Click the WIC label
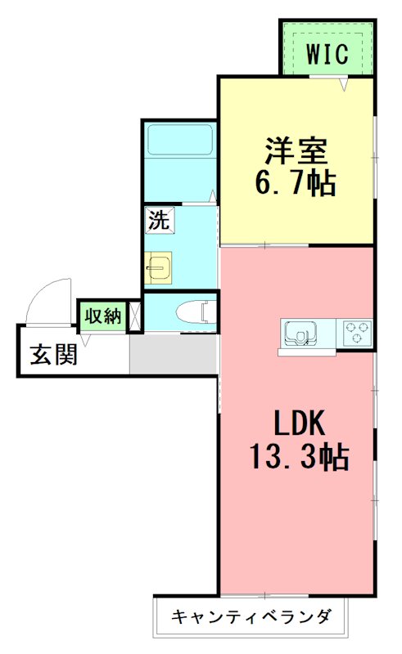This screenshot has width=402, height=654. tap(327, 54)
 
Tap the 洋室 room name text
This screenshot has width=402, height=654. tap(296, 151)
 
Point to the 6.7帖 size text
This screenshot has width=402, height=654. tap(296, 183)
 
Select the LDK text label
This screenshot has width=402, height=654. tap(300, 423)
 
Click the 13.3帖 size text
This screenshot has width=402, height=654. tap(300, 456)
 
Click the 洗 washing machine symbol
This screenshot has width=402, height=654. tap(159, 219)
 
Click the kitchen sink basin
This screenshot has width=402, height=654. tap(300, 333)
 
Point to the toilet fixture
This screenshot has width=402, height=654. tap(193, 311)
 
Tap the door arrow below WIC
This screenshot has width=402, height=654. tap(346, 83)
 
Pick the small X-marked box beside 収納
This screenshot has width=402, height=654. tap(136, 315)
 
